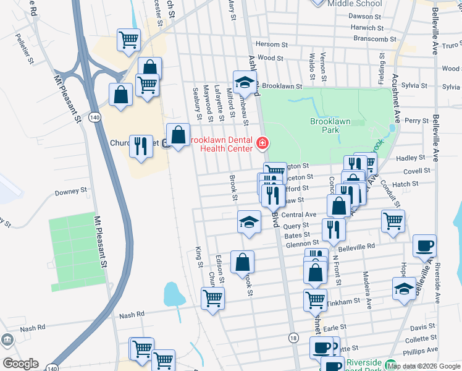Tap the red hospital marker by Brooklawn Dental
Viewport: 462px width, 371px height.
262,145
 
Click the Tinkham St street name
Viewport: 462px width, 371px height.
345,301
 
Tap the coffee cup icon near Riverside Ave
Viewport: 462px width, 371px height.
424,245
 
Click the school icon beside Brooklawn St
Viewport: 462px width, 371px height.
245,81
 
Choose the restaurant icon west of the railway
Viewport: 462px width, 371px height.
141,147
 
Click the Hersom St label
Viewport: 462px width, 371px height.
267,45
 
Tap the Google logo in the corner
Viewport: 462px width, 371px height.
20,364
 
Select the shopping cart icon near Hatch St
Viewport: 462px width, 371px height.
393,220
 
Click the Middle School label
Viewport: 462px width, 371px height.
355,3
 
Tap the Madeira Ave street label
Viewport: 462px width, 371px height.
367,290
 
